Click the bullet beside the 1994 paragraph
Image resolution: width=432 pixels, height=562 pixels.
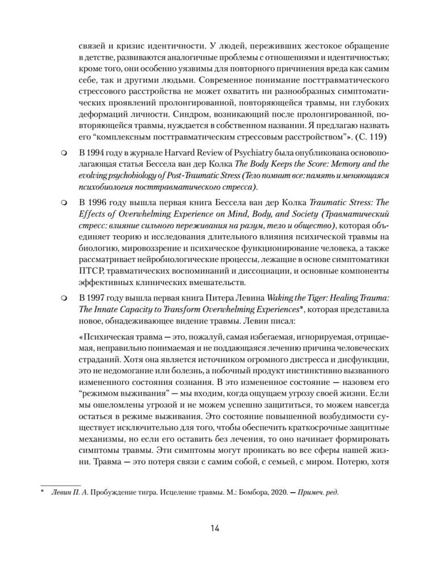(x=64, y=152)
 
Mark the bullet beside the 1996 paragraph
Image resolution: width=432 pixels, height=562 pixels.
(x=64, y=203)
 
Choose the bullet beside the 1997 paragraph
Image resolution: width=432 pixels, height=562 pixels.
(x=64, y=297)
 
